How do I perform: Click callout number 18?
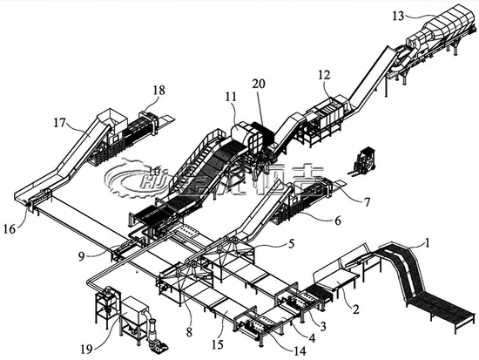(x=159, y=90)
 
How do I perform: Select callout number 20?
(x=259, y=83)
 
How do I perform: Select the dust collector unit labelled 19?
(x=131, y=319)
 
